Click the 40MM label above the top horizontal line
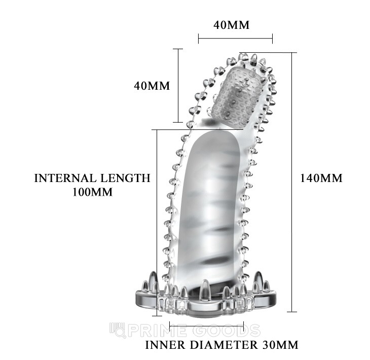[232, 25]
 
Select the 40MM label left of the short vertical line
[152, 86]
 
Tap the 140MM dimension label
[321, 178]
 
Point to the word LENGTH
[125, 178]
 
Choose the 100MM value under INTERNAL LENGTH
[92, 193]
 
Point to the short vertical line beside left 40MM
[177, 85]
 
